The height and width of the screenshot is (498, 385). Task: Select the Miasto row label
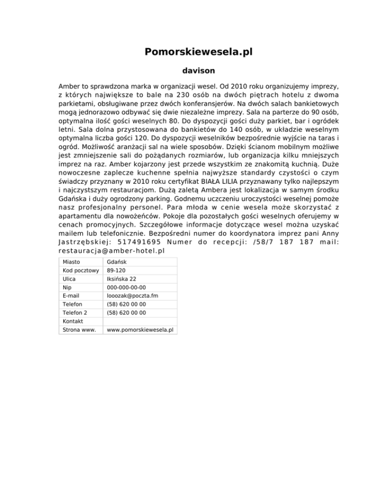[73, 262]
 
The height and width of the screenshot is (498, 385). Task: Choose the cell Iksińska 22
[122, 279]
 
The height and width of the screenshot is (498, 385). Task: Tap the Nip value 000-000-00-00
[126, 288]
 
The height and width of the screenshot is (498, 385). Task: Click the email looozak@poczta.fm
[132, 296]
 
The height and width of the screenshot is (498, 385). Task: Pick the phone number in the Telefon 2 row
[126, 313]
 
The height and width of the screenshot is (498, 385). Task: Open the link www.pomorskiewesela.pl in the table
[140, 330]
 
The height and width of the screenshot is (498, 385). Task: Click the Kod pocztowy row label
[80, 271]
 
